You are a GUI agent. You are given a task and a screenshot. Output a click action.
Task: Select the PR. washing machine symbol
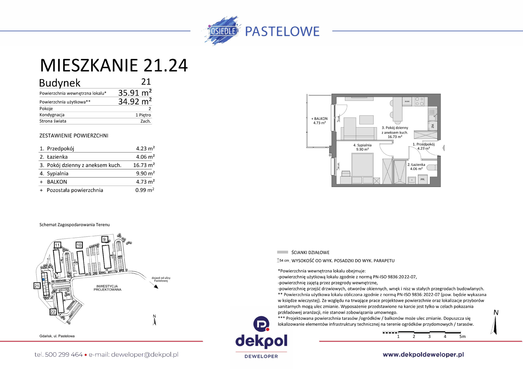(423, 179)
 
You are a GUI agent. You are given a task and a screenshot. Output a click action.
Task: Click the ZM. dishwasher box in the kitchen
(433, 126)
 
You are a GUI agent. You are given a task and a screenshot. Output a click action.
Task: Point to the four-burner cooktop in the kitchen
(419, 101)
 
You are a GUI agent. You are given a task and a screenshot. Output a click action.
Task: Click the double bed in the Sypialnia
(362, 167)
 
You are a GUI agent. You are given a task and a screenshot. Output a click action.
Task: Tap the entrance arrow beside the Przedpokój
(443, 148)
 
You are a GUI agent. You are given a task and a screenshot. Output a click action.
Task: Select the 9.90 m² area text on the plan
(362, 149)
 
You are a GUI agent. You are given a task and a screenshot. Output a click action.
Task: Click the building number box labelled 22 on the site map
(53, 312)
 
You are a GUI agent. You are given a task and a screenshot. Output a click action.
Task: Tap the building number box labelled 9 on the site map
(105, 239)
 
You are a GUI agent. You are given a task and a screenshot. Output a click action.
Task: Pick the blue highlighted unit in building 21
(43, 279)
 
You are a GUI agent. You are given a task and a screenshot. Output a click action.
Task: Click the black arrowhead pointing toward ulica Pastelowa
(156, 287)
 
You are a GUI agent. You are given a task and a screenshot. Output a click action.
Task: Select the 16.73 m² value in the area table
(144, 165)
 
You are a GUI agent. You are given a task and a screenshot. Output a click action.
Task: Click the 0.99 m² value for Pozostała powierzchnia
(145, 190)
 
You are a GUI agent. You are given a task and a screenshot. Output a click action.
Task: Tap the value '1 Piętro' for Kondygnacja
(143, 115)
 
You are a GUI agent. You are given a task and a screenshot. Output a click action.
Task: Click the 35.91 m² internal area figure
(135, 93)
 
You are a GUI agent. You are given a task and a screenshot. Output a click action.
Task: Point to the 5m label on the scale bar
(462, 336)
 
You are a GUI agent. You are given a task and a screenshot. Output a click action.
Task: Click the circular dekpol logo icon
(261, 324)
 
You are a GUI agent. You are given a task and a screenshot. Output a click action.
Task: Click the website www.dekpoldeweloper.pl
(423, 354)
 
